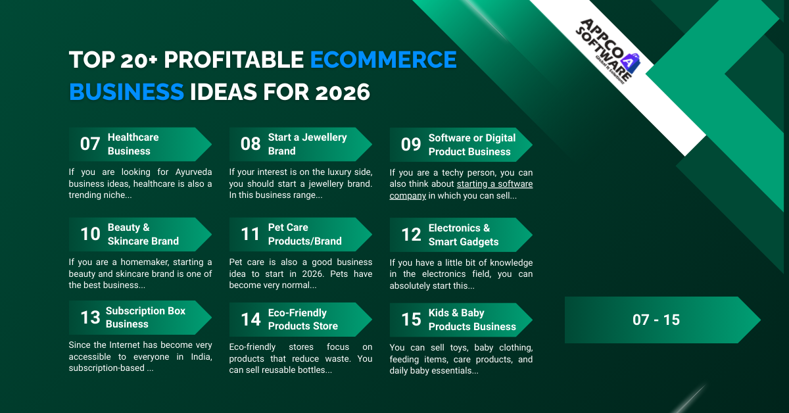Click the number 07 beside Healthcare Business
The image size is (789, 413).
(90, 144)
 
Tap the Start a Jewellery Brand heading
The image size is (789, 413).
(307, 144)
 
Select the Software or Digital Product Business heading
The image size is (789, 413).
(471, 145)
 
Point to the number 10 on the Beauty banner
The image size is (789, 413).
(90, 234)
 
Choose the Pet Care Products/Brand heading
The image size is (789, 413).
(300, 234)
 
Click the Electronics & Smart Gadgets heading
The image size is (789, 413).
(464, 235)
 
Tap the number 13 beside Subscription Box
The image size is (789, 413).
(90, 318)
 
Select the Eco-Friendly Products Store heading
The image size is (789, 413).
(303, 319)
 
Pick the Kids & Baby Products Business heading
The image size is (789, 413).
(471, 320)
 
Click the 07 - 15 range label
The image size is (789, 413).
(656, 320)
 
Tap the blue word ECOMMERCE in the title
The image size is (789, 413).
(383, 60)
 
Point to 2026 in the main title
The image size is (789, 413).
(343, 92)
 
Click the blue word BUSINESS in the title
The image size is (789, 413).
(126, 92)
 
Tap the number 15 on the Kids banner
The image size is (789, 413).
(411, 320)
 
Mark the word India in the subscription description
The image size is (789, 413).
(199, 357)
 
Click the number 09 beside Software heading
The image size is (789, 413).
(411, 145)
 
